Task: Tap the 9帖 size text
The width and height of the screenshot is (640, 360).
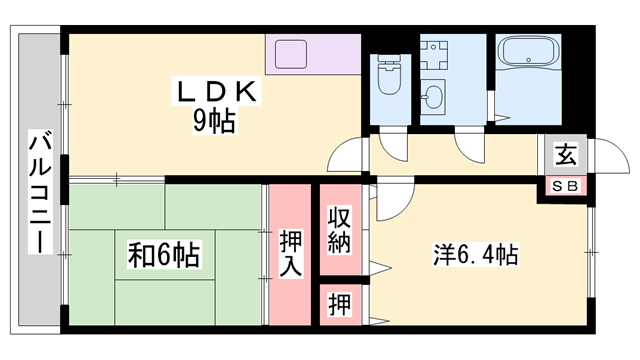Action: [x=216, y=123]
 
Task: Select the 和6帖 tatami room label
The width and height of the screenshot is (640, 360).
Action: [x=162, y=255]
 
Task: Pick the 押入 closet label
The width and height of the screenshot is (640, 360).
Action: [x=291, y=255]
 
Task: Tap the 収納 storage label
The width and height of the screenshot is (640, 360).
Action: [x=340, y=230]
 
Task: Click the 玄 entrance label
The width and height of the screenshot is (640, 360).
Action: [x=566, y=155]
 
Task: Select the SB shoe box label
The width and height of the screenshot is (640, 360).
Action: [x=566, y=186]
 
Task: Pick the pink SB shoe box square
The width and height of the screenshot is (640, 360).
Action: [x=566, y=186]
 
